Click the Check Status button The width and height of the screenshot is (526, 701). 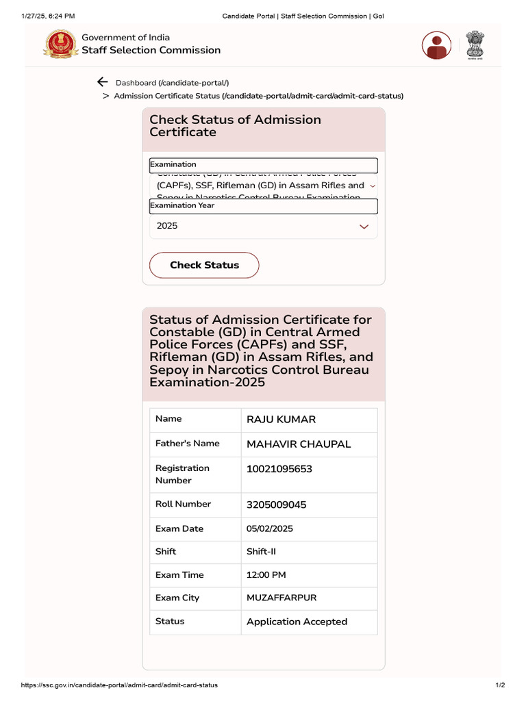pyautogui.click(x=204, y=265)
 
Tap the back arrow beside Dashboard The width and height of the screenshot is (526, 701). pyautogui.click(x=103, y=82)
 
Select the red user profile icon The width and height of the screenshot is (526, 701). pyautogui.click(x=436, y=45)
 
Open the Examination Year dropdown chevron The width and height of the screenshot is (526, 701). pyautogui.click(x=364, y=227)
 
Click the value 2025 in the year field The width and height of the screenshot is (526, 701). pyautogui.click(x=167, y=226)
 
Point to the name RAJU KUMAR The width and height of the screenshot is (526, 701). pyautogui.click(x=281, y=420)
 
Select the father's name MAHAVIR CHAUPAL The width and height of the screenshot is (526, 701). pyautogui.click(x=299, y=444)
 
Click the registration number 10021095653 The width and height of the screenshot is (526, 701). pyautogui.click(x=279, y=469)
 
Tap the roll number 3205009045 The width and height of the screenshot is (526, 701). pyautogui.click(x=276, y=505)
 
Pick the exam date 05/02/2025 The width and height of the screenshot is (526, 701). pyautogui.click(x=270, y=529)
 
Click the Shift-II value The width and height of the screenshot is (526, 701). pyautogui.click(x=261, y=552)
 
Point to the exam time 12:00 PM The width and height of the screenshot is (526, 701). pyautogui.click(x=266, y=575)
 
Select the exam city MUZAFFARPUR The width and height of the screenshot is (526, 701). pyautogui.click(x=281, y=598)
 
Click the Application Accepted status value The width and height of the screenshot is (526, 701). pyautogui.click(x=297, y=622)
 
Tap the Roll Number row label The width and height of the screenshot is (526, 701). pyautogui.click(x=183, y=505)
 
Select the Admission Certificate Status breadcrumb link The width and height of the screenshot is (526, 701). pyautogui.click(x=258, y=96)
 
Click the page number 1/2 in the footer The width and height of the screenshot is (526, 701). pyautogui.click(x=500, y=685)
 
